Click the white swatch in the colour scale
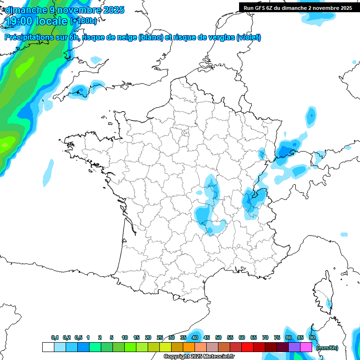tap(48, 347)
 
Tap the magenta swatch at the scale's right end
tap(306, 347)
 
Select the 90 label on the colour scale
tap(312, 337)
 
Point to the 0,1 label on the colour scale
tap(55, 337)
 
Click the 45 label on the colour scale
tap(207, 337)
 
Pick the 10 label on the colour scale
tap(124, 337)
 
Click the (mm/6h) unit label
tap(327, 347)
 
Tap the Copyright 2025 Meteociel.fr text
tap(199, 356)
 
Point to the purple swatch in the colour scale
tap(294, 347)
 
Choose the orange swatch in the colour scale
tap(189, 347)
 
